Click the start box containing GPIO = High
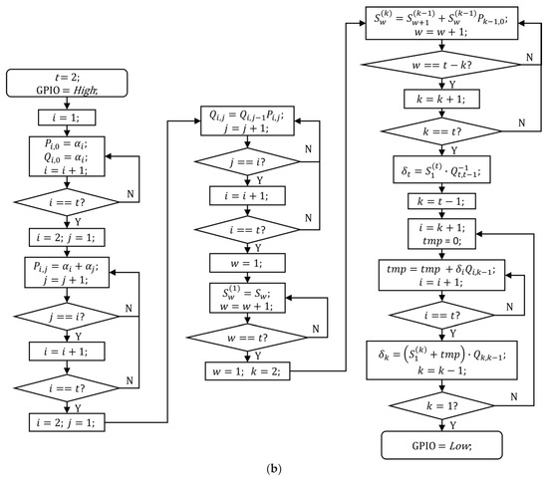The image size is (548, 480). [x=70, y=87]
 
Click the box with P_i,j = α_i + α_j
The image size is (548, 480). [x=70, y=271]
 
